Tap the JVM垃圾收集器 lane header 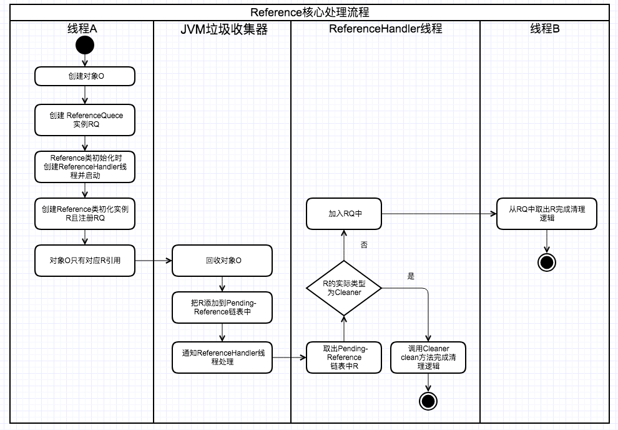point(222,29)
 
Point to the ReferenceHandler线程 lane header point(385,29)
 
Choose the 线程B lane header point(545,29)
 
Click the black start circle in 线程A point(85,46)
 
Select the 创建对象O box point(85,77)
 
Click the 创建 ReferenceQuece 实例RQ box point(85,120)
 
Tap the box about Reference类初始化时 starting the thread point(85,166)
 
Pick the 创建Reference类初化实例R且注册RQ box point(85,214)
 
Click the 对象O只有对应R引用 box point(85,261)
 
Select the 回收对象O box point(222,261)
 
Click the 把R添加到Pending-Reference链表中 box point(222,307)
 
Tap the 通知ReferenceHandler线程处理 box point(222,357)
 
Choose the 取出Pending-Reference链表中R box point(344,357)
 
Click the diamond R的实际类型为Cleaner point(344,288)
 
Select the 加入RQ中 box point(344,214)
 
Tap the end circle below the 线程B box point(547,262)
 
